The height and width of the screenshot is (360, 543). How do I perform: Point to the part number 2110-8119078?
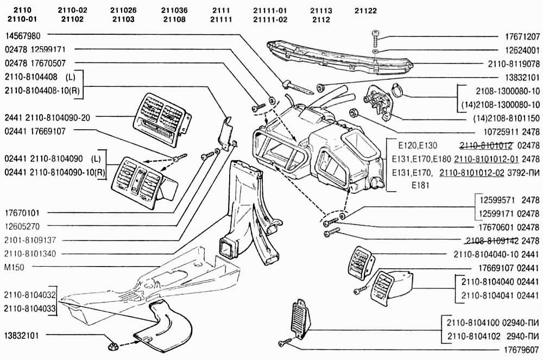click(x=514, y=64)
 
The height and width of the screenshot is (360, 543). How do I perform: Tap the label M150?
click(x=14, y=267)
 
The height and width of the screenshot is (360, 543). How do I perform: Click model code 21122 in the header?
click(x=365, y=11)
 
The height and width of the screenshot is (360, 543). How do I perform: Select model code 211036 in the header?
click(x=174, y=11)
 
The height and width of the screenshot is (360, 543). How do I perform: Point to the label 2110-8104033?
click(x=29, y=308)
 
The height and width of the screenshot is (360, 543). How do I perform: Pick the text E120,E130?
click(x=417, y=145)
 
